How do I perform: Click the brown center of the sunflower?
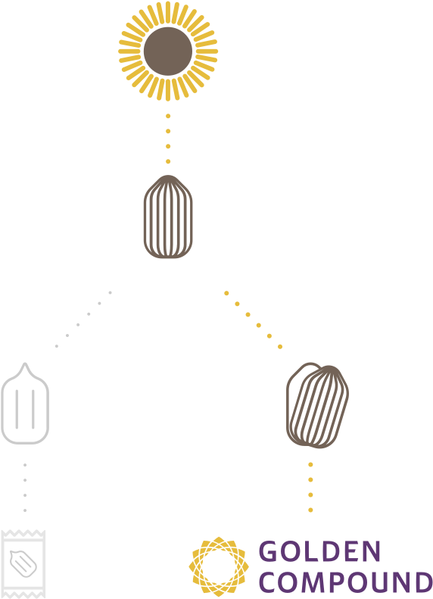click(x=168, y=51)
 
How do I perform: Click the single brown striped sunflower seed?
click(x=168, y=217)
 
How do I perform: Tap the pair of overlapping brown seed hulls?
click(x=317, y=405)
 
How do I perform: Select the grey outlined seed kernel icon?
click(x=25, y=404)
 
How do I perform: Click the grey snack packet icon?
click(x=23, y=564)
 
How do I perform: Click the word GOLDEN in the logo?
click(x=319, y=551)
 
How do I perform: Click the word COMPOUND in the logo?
click(x=346, y=582)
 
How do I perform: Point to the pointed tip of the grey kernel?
click(x=25, y=363)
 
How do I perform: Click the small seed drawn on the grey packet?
click(x=23, y=564)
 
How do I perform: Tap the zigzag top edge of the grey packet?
click(x=23, y=532)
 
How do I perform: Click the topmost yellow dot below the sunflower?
click(x=168, y=116)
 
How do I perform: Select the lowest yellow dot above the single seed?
click(x=168, y=161)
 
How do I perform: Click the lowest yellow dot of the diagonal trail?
click(x=280, y=347)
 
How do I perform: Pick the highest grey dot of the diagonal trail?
click(x=110, y=292)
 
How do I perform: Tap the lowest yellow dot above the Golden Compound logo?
click(x=310, y=510)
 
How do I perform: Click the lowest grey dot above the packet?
click(x=25, y=510)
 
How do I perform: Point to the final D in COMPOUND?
click(x=422, y=582)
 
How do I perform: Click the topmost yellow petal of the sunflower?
click(x=168, y=11)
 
